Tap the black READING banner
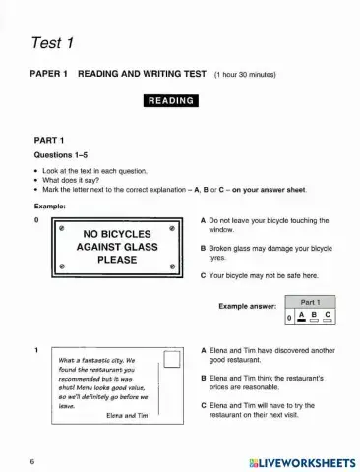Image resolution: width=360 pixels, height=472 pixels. coord(172,100)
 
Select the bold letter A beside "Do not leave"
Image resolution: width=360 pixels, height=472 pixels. coord(202,221)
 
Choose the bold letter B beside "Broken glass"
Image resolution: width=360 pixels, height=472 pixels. coord(202,250)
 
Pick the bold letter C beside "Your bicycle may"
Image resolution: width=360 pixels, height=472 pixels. coord(202,276)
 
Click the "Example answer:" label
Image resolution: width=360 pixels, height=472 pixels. coord(249,307)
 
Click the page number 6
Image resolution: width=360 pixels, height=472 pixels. coord(32,460)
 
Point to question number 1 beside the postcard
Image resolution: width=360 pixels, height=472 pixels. coord(35,350)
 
